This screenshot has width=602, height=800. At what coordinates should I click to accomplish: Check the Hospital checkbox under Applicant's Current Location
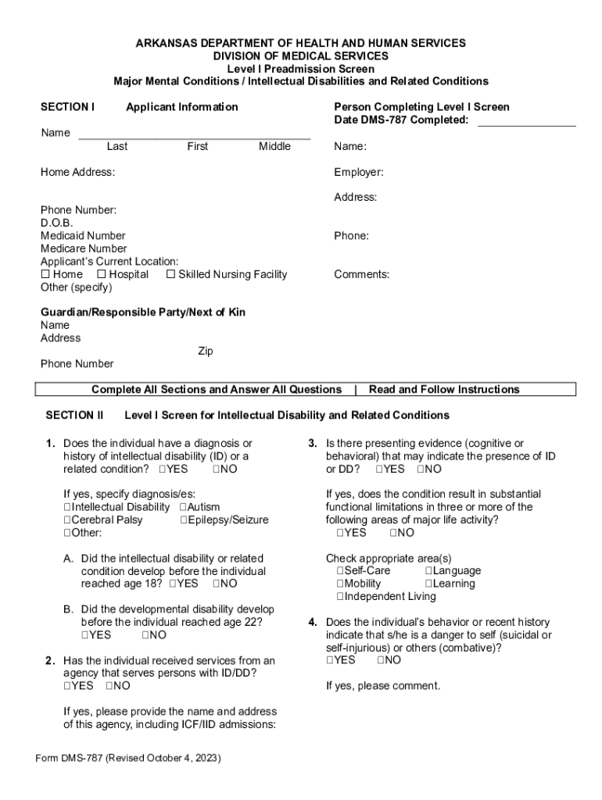102,274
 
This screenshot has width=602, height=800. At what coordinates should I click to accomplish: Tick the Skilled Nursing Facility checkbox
170,274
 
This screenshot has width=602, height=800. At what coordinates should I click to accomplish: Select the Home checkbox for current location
45,274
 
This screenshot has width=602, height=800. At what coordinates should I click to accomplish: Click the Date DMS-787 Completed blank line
525,120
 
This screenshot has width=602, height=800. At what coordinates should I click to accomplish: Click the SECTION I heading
67,107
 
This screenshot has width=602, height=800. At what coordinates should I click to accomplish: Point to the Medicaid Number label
83,235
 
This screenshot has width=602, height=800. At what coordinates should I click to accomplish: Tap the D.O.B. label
56,223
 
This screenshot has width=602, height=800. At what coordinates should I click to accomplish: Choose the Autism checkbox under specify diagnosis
183,507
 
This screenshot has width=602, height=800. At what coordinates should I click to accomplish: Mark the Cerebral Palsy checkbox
67,520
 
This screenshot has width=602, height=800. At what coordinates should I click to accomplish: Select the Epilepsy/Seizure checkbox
183,520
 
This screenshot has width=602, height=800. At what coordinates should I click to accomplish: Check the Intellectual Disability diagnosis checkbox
67,507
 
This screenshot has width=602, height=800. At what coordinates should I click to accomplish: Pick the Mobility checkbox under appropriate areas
340,584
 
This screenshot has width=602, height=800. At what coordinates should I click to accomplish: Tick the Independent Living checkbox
340,596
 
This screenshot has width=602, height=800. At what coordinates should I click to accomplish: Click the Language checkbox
428,571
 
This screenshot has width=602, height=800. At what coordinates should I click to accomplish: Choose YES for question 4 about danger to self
330,660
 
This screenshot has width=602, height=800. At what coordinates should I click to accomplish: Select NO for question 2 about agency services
109,686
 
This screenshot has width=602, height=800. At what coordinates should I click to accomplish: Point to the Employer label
358,172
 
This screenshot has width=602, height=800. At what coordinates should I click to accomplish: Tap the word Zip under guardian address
205,351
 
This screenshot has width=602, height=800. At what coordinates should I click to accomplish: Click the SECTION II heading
74,415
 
